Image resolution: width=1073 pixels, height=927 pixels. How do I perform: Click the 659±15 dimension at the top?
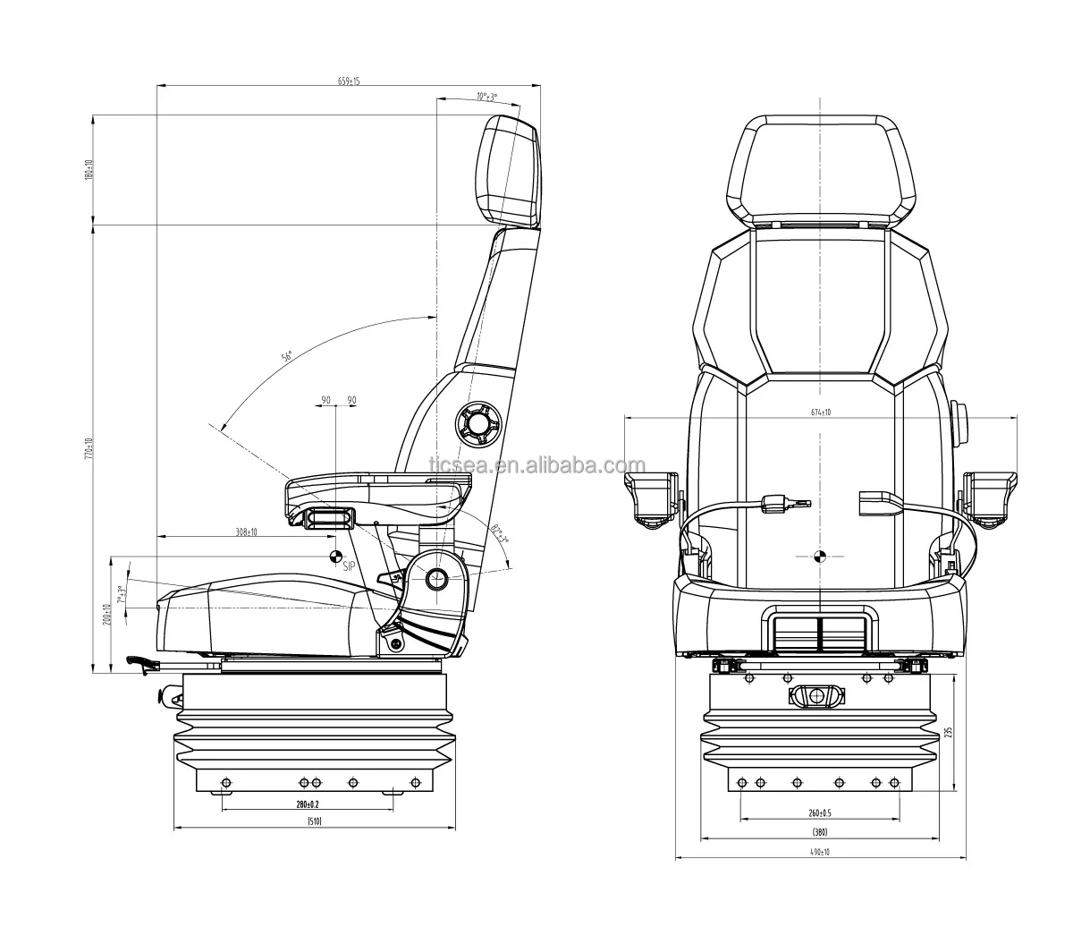point(349,81)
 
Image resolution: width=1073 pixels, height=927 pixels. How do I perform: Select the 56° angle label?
point(287,357)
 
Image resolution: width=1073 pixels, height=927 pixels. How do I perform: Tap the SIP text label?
point(349,566)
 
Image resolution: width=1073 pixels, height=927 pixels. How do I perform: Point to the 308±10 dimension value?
point(246,532)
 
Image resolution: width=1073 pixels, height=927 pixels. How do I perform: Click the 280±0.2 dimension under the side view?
point(307,804)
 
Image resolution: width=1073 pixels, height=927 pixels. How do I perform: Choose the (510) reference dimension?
point(314,821)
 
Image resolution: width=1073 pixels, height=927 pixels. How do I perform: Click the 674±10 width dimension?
point(821,412)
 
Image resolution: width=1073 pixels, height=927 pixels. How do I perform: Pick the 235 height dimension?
point(949,732)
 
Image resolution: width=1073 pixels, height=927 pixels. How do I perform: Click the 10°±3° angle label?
point(486,97)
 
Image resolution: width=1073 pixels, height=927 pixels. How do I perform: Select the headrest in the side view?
point(511,171)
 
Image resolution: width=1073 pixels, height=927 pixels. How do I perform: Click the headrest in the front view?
point(820,170)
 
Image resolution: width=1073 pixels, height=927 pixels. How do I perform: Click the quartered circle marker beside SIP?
point(337,556)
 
